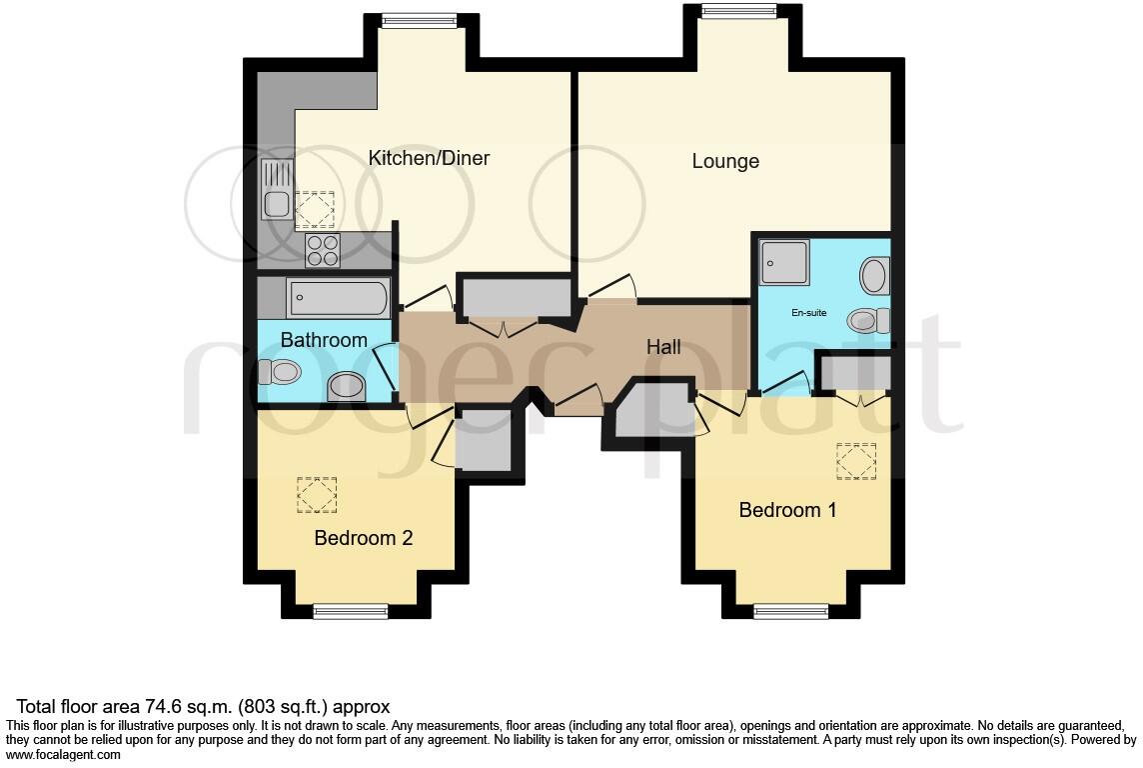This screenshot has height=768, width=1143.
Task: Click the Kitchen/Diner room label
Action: click(x=429, y=158)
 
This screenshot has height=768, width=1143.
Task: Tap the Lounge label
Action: click(x=725, y=161)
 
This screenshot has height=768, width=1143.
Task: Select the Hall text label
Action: click(x=663, y=347)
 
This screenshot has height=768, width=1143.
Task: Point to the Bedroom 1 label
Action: click(x=787, y=510)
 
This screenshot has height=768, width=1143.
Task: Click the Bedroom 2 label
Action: click(x=363, y=538)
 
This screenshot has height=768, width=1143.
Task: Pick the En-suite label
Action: click(x=808, y=313)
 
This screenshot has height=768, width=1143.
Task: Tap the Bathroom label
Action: click(x=324, y=340)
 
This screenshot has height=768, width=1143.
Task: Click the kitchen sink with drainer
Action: click(x=277, y=190)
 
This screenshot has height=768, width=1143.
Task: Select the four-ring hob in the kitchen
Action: click(x=322, y=250)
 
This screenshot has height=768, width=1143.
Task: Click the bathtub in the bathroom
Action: click(x=337, y=298)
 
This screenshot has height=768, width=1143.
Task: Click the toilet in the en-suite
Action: click(x=867, y=321)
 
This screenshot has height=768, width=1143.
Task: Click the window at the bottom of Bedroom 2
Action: click(x=351, y=611)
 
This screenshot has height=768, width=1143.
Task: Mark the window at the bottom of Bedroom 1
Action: click(x=791, y=611)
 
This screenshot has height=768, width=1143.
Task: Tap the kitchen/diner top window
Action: click(x=418, y=21)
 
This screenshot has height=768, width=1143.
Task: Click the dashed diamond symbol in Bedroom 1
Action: click(x=855, y=462)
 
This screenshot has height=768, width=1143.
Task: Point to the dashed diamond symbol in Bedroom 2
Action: click(x=317, y=495)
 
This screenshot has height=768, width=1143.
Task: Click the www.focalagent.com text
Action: click(x=64, y=755)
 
